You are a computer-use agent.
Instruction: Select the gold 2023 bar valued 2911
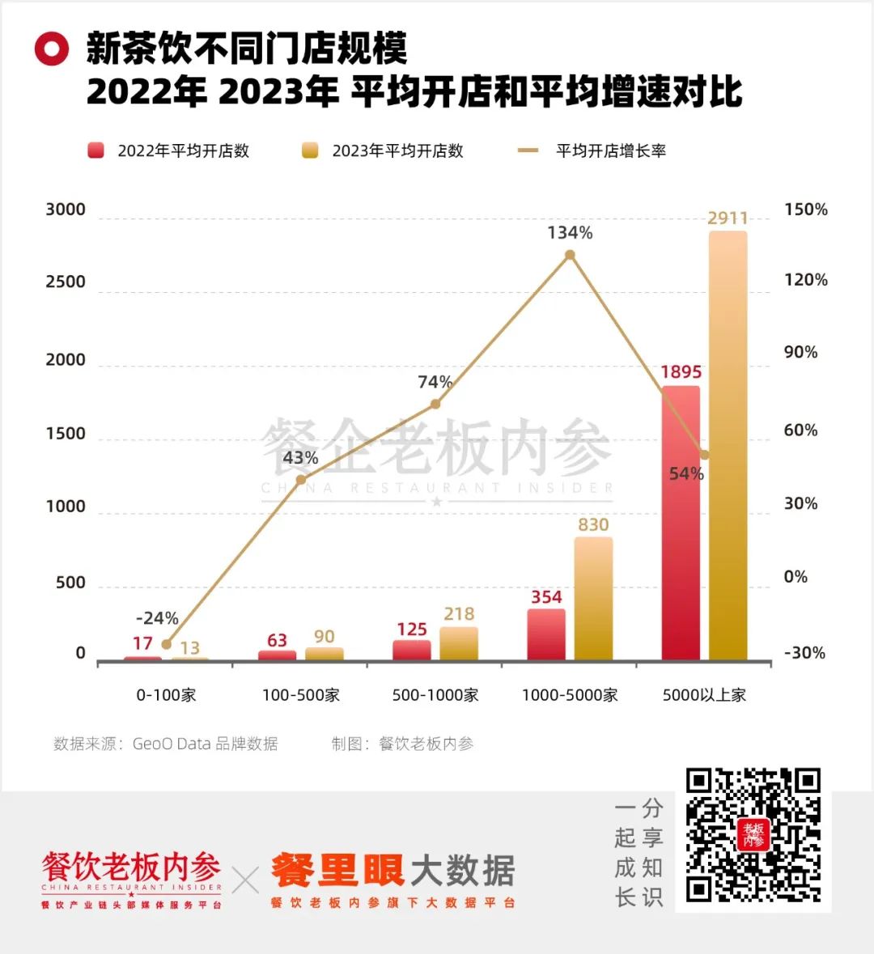[728, 445]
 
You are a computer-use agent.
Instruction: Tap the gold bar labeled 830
[593, 599]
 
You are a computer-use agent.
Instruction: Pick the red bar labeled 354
[546, 634]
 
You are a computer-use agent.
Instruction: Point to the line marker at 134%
[570, 255]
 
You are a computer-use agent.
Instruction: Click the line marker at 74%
[435, 404]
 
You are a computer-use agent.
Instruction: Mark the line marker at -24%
[167, 644]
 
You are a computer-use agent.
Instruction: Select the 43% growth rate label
[300, 458]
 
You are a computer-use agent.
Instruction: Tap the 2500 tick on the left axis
[66, 282]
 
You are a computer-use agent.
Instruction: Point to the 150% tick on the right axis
[806, 210]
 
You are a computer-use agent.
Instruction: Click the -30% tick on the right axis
[804, 653]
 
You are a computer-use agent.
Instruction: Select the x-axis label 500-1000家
[435, 695]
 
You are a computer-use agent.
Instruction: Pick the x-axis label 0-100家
[166, 695]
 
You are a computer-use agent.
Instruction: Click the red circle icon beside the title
[52, 49]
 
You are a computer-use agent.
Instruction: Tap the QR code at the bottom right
[753, 836]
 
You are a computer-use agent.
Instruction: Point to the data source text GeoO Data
[205, 744]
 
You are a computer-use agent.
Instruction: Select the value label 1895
[681, 372]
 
